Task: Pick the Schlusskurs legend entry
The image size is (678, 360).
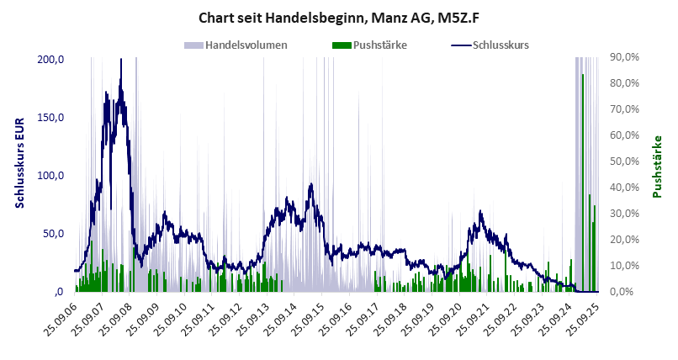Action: (500, 45)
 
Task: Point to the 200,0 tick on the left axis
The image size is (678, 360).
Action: (50, 59)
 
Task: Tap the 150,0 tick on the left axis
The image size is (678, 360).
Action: (50, 117)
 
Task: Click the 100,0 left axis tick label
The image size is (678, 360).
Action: (50, 175)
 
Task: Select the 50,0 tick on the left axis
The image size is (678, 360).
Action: (53, 233)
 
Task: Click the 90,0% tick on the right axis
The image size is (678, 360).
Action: (625, 57)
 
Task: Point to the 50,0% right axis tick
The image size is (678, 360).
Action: (625, 161)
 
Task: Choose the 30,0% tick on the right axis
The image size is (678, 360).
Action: (625, 214)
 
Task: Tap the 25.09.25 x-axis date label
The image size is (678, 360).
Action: (585, 320)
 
